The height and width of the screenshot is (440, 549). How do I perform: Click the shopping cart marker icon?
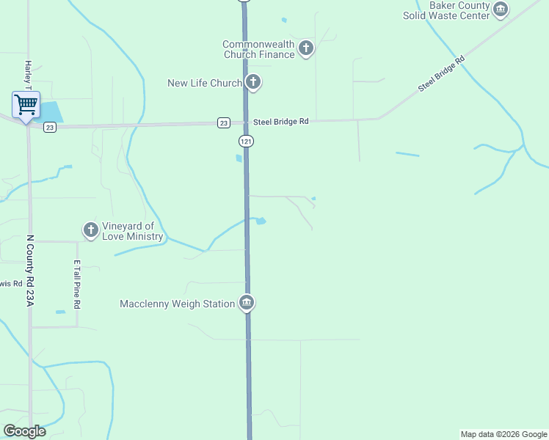pos(26,105)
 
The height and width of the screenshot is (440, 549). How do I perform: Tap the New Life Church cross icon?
pos(253,82)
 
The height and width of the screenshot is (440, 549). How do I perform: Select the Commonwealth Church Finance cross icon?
pos(306,49)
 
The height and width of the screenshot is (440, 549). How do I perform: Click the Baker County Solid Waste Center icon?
pos(501,10)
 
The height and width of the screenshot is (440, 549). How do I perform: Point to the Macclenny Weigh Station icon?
pos(247,304)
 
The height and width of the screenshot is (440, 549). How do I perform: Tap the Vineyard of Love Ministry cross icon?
pos(90,231)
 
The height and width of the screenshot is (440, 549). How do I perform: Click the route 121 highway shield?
pos(246,140)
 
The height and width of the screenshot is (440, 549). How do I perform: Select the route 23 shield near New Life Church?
pos(224,122)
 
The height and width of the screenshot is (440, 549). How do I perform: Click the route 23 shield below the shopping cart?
pos(49,128)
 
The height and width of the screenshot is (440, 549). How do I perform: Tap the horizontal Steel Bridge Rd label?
pos(280,122)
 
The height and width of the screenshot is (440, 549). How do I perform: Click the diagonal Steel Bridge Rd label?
pos(442,74)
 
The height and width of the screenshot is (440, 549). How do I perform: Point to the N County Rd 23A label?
pos(30,270)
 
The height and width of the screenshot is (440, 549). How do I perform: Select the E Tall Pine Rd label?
pos(76,285)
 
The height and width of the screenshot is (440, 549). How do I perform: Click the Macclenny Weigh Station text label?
pos(177,304)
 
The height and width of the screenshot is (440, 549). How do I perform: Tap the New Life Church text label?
pos(204,83)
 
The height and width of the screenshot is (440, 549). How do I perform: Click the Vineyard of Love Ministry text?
pos(132,231)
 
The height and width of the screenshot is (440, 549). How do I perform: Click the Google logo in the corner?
pos(24,431)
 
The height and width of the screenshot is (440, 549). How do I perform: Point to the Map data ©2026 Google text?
pos(503,434)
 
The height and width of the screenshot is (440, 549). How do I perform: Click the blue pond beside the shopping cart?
pos(51,112)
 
